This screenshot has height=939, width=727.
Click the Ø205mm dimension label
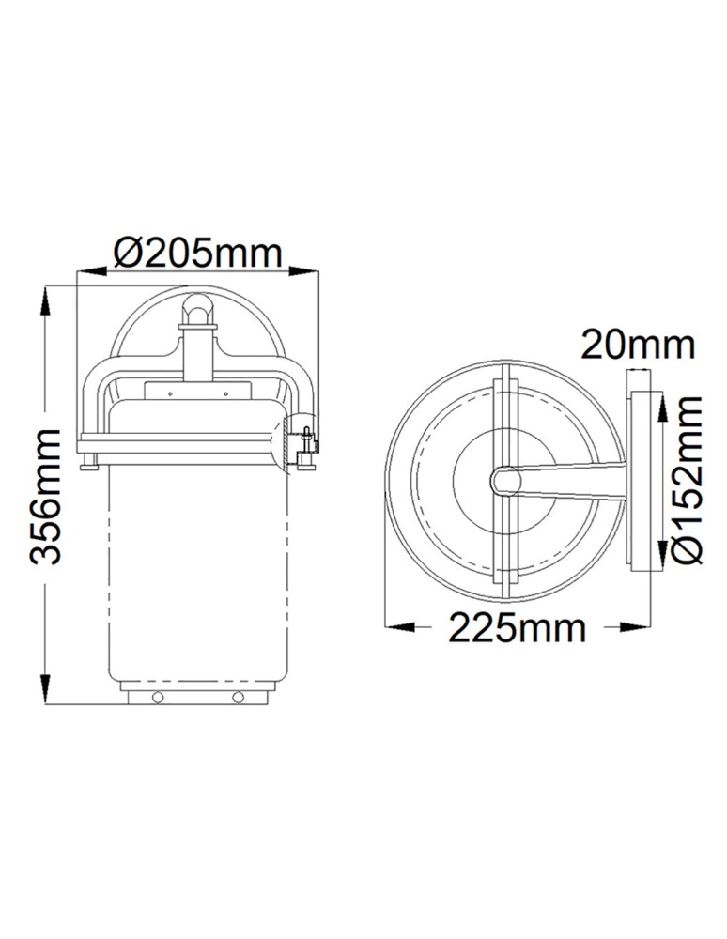197,252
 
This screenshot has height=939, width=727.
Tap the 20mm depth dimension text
638,345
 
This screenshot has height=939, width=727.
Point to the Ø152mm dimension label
688,479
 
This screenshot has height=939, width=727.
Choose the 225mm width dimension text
517,627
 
